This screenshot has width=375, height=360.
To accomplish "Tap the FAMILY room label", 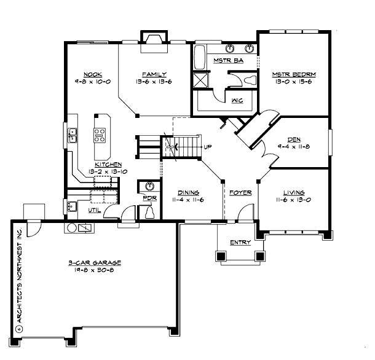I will coord(151,74).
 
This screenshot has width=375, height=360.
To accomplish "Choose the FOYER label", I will coord(240,192).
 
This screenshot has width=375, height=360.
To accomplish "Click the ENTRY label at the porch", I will coord(240,243).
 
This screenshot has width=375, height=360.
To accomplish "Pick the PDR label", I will coord(148,198).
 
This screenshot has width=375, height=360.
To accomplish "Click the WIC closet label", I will coord(237,102).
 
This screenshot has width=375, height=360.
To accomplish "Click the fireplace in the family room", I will coord(150,39).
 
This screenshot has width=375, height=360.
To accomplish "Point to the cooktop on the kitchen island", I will coord(99,132).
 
